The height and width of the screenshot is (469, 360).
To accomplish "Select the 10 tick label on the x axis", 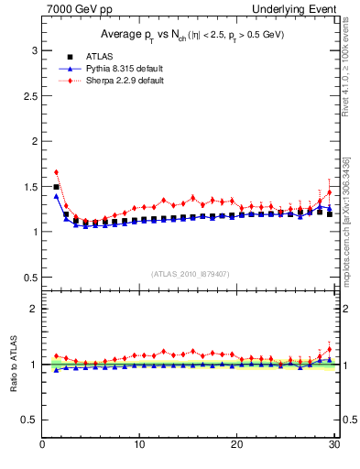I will [138, 446].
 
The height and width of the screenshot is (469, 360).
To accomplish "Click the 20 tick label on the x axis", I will [236, 446].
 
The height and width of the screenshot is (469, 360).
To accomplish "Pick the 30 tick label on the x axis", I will [333, 446].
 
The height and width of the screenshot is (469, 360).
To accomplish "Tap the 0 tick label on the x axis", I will [42, 446].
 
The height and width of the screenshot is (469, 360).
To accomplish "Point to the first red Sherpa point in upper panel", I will [56, 172].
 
